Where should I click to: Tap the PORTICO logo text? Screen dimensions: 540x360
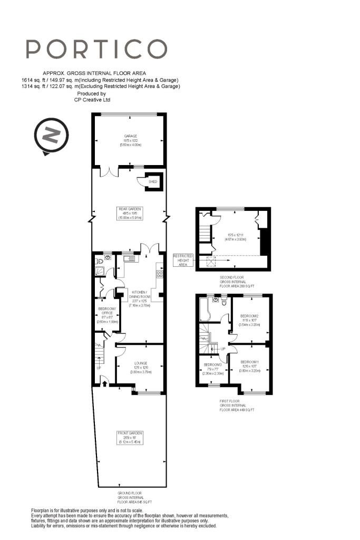pyautogui.click(x=96, y=49)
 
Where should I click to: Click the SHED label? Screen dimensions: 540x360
pyautogui.click(x=153, y=181)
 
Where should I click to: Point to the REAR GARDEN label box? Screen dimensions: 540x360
pyautogui.click(x=130, y=213)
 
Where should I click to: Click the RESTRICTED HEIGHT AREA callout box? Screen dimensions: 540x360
pyautogui.click(x=183, y=260)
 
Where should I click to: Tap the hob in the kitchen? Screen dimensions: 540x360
pyautogui.click(x=159, y=274)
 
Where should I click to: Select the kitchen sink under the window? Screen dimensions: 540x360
pyautogui.click(x=129, y=258)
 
